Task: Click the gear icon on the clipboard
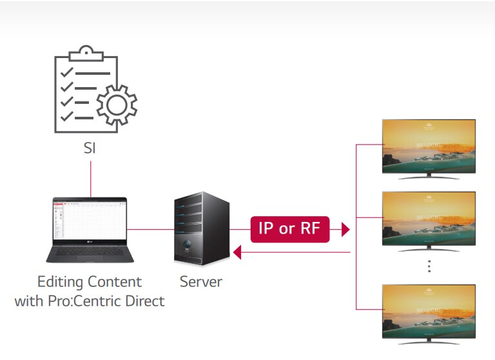tap(117, 103)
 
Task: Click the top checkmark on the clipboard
tap(66, 72)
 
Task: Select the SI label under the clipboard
tap(90, 148)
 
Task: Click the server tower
tap(202, 229)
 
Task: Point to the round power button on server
tap(187, 246)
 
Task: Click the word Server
tap(201, 282)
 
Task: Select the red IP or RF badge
tap(289, 229)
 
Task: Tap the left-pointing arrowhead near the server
tap(237, 254)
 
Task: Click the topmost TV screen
tap(429, 146)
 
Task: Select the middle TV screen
tap(429, 218)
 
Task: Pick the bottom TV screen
tap(429, 310)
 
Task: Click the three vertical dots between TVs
tap(429, 266)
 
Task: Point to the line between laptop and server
tap(151, 229)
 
